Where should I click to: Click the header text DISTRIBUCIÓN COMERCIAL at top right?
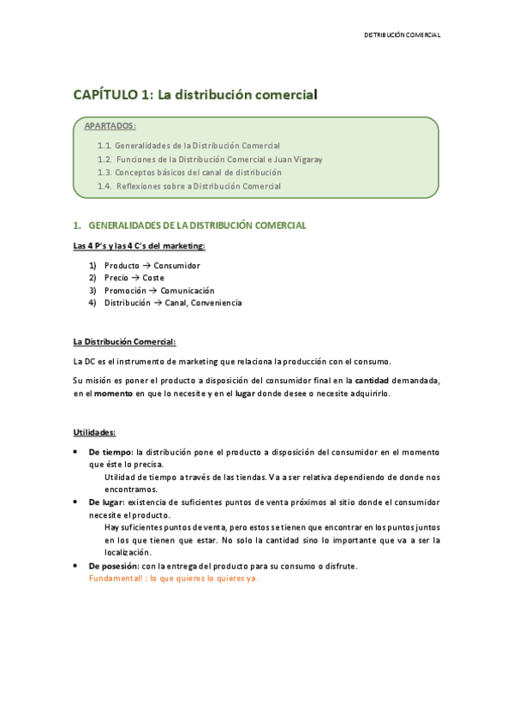coord(402,35)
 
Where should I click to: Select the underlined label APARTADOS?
coord(110,127)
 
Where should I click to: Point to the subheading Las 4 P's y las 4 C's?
coord(140,247)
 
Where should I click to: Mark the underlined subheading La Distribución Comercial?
coord(124,342)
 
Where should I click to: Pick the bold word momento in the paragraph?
coord(113,393)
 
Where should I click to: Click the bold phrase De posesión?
coord(114,566)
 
